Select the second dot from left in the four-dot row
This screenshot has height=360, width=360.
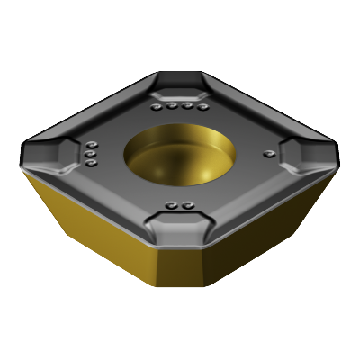[171, 106]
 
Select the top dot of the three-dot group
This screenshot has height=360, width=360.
[93, 145]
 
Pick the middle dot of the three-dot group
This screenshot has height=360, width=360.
[91, 154]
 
